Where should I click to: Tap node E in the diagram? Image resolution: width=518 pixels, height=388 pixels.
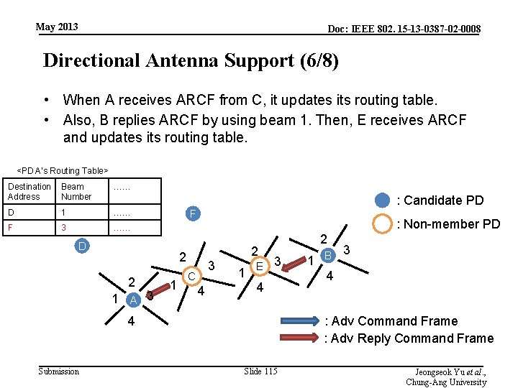click(258, 267)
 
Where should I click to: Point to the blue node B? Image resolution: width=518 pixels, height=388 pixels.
click(327, 255)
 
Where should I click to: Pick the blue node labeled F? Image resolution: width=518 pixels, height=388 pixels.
click(192, 213)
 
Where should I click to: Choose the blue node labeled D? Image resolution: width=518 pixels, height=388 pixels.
click(83, 246)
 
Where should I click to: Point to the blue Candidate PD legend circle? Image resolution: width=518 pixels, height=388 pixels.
click(382, 201)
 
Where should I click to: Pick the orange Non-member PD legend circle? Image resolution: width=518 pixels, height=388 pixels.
click(382, 224)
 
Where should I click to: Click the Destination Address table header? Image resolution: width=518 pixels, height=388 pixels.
click(29, 191)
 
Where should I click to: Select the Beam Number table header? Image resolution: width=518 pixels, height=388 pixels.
click(76, 191)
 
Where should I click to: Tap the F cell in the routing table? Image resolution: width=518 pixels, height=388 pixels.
click(11, 228)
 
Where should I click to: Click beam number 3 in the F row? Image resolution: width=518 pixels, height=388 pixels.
click(63, 228)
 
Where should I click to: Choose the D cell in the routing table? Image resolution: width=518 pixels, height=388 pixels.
click(11, 213)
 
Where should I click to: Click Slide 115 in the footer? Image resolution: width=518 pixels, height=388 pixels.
click(260, 371)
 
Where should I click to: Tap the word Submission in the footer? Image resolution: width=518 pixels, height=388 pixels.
click(59, 371)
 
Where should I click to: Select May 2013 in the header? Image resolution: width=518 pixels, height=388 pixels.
click(57, 27)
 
